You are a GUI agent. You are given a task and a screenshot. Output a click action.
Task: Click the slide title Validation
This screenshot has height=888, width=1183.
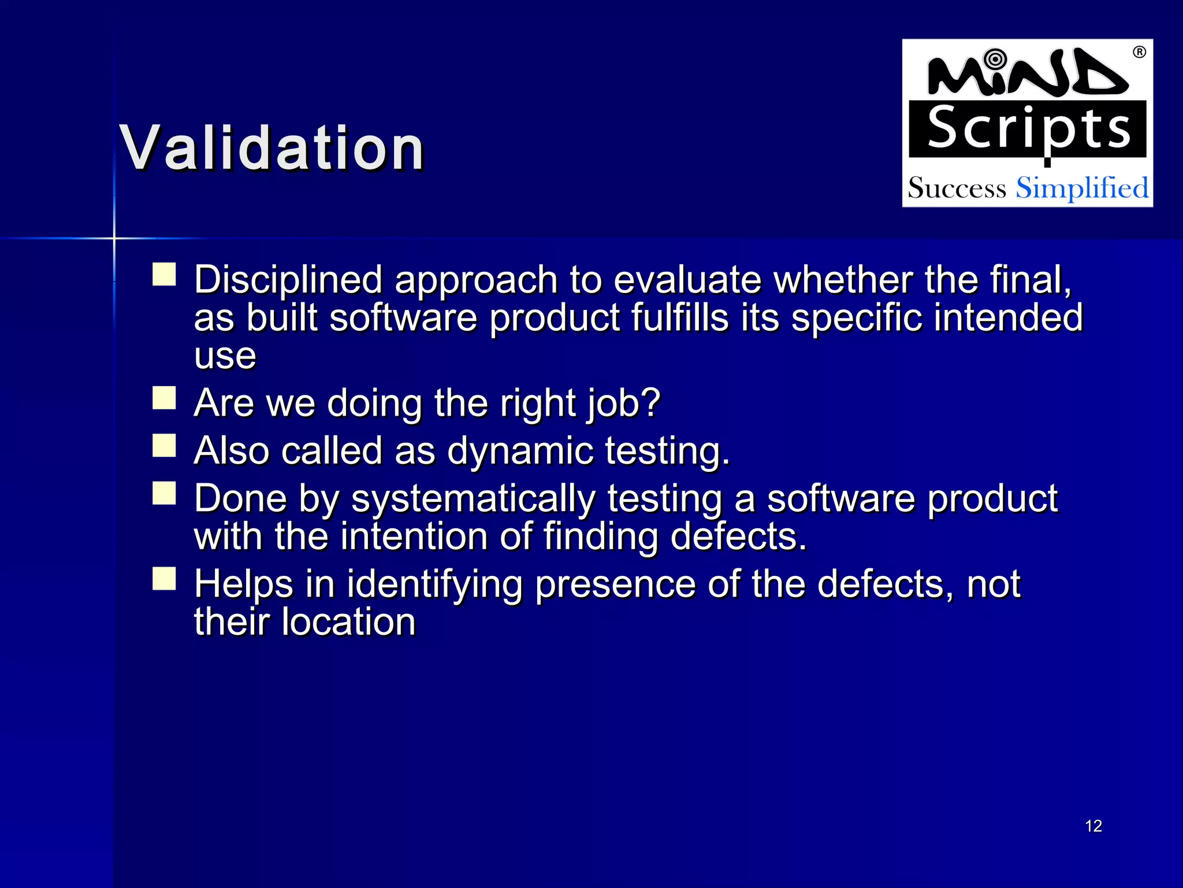(272, 149)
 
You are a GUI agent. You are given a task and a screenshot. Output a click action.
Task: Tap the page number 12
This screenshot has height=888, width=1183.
(1093, 826)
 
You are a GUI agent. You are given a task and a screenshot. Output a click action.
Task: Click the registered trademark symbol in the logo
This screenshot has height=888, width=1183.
(1139, 52)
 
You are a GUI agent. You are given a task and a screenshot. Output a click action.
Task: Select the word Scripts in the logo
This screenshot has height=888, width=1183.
(1028, 129)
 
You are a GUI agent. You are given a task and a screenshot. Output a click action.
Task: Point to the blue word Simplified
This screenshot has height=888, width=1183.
(1082, 188)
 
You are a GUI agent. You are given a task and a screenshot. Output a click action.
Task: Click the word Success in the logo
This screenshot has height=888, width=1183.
(957, 188)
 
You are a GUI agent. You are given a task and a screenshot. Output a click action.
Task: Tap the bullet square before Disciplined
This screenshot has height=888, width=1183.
(164, 275)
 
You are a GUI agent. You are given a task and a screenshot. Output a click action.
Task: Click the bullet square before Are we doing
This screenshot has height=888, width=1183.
(164, 398)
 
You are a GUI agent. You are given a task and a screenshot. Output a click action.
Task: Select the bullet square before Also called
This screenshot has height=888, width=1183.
(164, 446)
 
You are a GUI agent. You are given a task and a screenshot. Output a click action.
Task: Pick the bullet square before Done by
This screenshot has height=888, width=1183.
(164, 494)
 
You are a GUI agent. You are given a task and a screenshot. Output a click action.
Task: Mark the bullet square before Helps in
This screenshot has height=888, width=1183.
(164, 579)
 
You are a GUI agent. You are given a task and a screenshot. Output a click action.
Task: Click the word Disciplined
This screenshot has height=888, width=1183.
(288, 280)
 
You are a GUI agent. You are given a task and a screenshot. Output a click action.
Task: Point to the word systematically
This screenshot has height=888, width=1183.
(473, 499)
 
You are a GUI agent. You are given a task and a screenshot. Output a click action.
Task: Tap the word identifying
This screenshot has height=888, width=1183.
(434, 584)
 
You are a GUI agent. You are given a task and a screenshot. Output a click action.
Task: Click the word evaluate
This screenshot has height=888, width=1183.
(687, 280)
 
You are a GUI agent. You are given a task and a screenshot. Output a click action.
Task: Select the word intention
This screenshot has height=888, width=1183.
(414, 536)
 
